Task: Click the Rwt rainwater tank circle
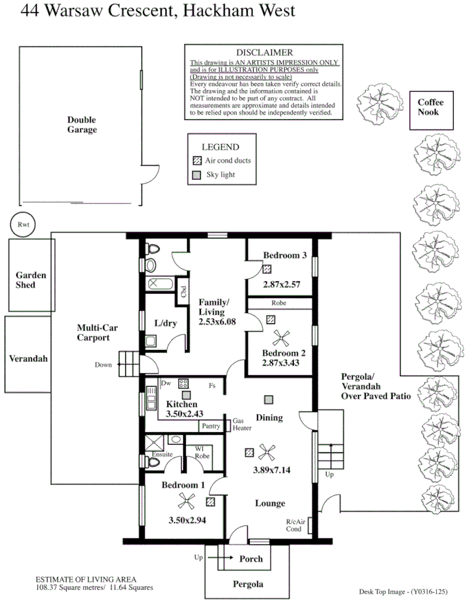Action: coord(24,224)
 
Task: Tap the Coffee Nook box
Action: coord(430,108)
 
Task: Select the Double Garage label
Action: coord(82,125)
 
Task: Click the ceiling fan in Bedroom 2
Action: coord(281,338)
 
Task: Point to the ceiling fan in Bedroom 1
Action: coord(186,500)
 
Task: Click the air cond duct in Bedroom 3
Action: coord(267,269)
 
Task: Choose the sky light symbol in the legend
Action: coord(198,175)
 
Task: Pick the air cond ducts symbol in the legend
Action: coord(198,160)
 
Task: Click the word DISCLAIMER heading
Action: coord(265,52)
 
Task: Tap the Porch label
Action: coord(251,559)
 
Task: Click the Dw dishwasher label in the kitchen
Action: coord(166,384)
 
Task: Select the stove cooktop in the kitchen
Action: coord(184,384)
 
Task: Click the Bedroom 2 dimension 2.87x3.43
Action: coord(281,362)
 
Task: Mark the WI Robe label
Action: coord(196,452)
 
